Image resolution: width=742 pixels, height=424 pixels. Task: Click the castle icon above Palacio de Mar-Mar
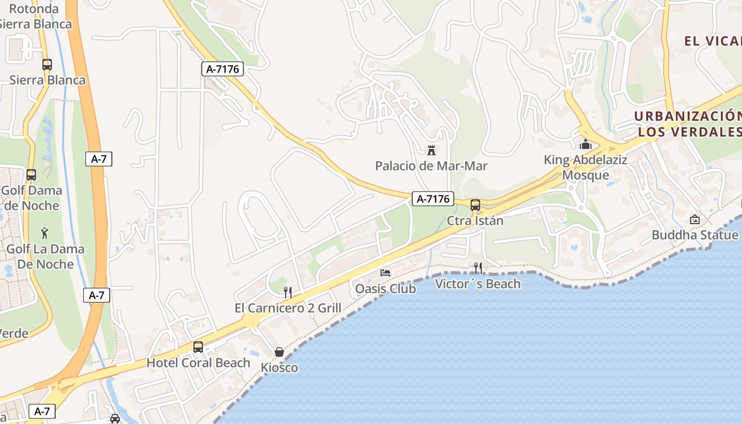coord(431,151)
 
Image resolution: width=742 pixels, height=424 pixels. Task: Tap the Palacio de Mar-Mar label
coord(431,166)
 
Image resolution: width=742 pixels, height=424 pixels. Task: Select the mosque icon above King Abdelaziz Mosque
coord(586,144)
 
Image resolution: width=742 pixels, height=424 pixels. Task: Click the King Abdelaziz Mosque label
coord(586,167)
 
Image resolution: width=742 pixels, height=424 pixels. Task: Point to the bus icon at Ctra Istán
coord(475,205)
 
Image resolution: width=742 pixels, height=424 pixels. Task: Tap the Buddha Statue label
coord(695,235)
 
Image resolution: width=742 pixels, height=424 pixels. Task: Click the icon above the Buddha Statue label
coord(695,219)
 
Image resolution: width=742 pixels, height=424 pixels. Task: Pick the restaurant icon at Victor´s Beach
coord(478,268)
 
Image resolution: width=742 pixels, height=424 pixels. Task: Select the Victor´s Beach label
coord(478,284)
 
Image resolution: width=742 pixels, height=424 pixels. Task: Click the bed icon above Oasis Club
coord(385,273)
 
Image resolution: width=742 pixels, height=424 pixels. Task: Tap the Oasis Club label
coord(385,289)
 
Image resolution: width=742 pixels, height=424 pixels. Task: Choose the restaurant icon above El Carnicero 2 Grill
coord(288,292)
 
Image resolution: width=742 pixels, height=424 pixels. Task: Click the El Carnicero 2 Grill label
coord(288,308)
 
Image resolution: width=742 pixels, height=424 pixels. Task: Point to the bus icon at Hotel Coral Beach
coord(198,347)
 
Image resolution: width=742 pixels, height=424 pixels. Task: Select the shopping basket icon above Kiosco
coord(279,352)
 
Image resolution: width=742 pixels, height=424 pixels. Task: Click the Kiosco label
coord(279,368)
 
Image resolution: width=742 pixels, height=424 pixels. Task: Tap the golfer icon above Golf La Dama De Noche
coord(45,233)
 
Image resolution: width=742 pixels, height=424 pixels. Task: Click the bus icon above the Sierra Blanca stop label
coord(47,65)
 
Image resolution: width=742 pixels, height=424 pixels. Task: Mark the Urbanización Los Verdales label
coord(689,124)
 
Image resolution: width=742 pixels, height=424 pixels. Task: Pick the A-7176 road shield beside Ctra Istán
coord(433,199)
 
